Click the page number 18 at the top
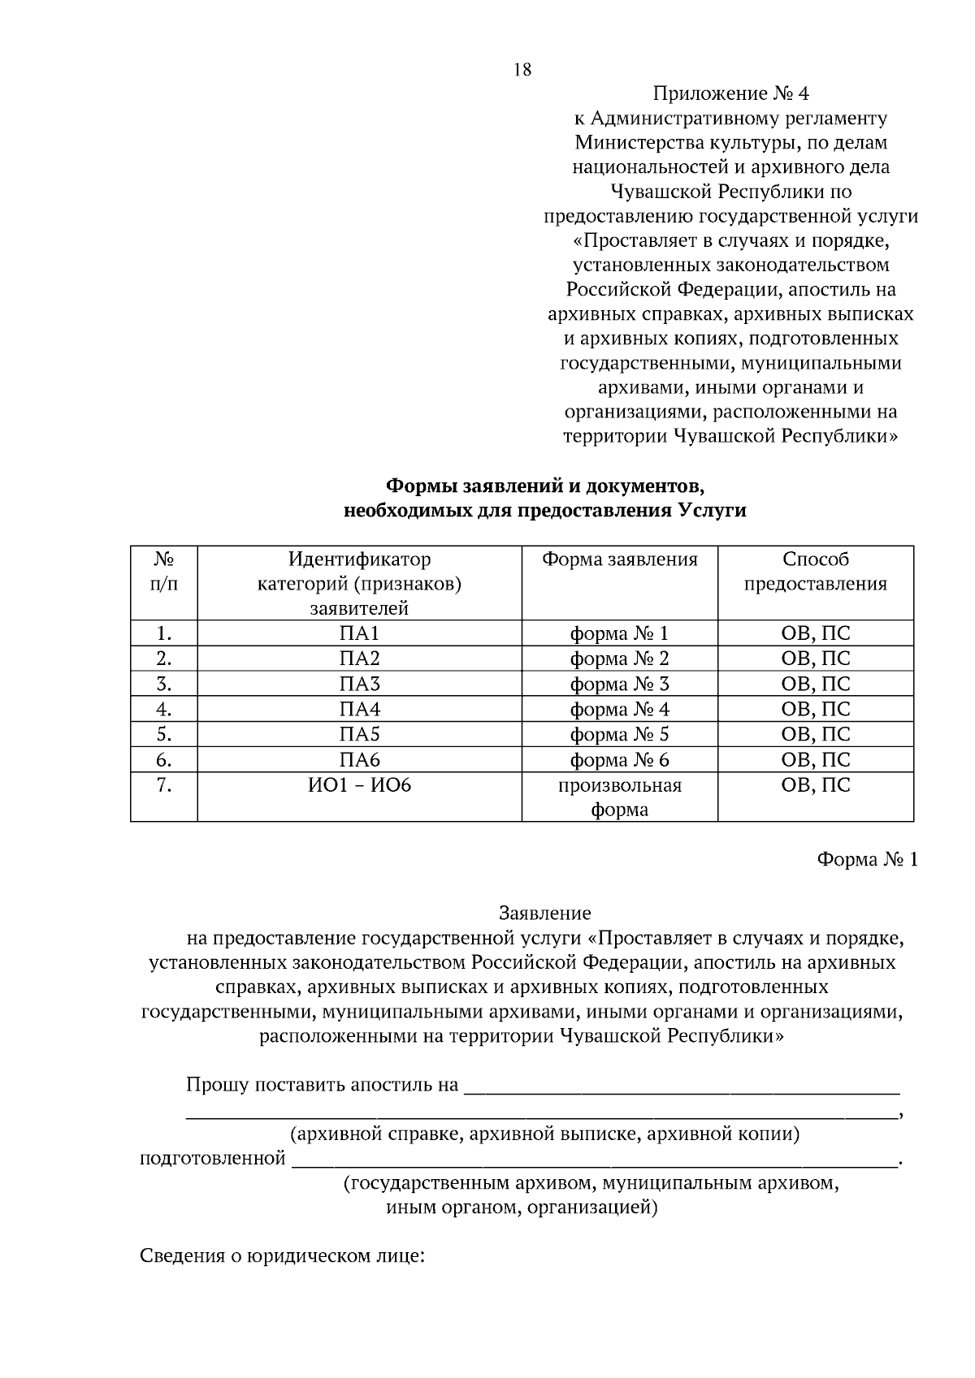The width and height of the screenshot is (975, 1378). tap(522, 70)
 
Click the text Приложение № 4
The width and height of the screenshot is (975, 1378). tap(730, 93)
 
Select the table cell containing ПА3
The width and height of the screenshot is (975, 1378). tap(359, 684)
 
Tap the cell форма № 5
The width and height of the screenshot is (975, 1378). tap(619, 735)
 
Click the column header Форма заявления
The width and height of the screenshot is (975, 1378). tap(619, 559)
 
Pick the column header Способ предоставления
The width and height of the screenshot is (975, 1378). tap(815, 572)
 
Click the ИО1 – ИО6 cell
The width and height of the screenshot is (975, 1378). tap(359, 785)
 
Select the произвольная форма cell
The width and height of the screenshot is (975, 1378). tap(619, 797)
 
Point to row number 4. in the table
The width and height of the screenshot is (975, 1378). tap(164, 709)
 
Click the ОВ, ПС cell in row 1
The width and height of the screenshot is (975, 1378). tap(815, 633)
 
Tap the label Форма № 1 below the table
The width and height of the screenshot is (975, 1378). tap(866, 860)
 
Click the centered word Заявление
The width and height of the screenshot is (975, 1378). tap(544, 914)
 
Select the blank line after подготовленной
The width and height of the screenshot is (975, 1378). tap(593, 1160)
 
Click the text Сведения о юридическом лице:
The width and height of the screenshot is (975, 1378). tap(283, 1256)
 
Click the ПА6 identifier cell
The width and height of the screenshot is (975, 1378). tap(359, 760)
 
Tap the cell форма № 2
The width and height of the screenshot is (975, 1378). tap(619, 659)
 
